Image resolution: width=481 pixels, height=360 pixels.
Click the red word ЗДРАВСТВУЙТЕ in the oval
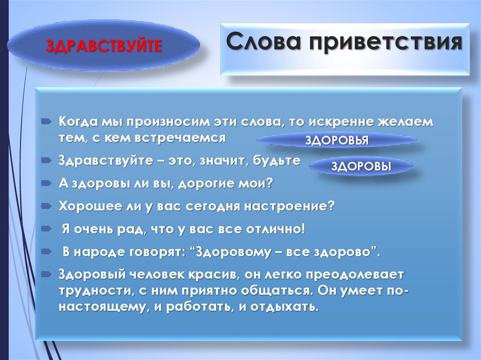coord(104,46)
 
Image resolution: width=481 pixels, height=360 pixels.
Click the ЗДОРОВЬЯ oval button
coord(337,140)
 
